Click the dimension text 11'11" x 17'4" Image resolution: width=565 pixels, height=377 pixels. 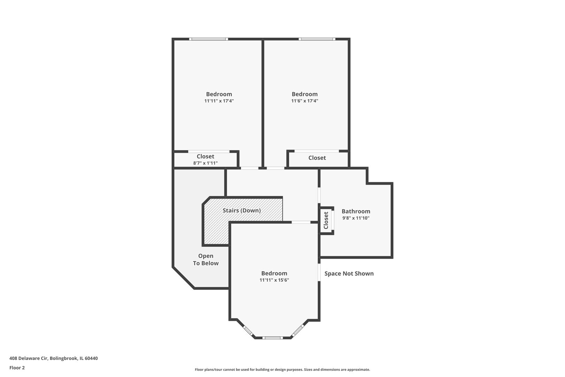[219, 101]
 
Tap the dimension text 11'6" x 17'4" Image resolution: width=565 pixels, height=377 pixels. [304, 101]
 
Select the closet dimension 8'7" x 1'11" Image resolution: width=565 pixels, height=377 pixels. [205, 163]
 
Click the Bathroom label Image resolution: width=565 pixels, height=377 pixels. [356, 211]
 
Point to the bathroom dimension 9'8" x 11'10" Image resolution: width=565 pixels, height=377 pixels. [356, 218]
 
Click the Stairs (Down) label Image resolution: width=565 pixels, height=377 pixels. [242, 210]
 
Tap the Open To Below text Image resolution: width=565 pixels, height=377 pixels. [206, 260]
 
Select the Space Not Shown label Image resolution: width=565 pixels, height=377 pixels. [349, 274]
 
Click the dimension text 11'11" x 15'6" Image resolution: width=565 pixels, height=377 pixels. [274, 280]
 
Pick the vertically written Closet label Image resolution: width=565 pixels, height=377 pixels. [326, 220]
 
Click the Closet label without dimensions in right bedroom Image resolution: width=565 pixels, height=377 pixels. [317, 158]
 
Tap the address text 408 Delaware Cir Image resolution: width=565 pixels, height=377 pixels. [53, 358]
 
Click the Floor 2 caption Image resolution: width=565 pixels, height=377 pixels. [17, 368]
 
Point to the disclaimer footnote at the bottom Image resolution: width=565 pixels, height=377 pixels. [282, 369]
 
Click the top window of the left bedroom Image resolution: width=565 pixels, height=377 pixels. [209, 39]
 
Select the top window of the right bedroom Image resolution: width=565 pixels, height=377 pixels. [317, 39]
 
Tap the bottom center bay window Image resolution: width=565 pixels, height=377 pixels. [272, 338]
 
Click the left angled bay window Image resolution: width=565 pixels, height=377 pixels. [248, 330]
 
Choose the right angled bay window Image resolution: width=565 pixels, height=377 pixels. [298, 330]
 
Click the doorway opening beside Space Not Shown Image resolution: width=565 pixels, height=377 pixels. [319, 272]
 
